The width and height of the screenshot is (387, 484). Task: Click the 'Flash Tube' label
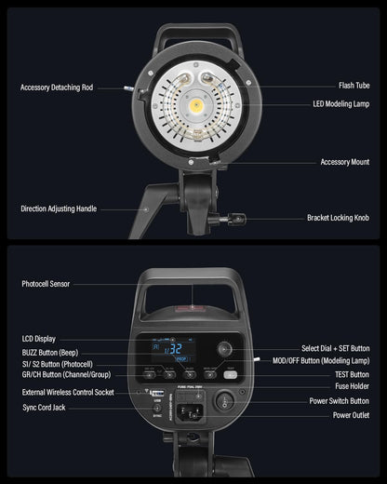pos(354,86)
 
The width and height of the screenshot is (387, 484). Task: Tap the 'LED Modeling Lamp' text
pos(341,104)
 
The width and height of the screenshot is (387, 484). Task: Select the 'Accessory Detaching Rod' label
pos(57,87)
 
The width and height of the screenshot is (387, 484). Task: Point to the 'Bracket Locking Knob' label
pos(338,218)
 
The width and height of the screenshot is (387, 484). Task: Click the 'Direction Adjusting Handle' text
pos(59,208)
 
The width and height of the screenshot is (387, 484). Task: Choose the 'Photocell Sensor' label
pos(46,284)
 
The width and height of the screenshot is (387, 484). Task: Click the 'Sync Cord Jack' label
pos(44,408)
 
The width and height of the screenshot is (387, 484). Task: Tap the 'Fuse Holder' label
pos(352,386)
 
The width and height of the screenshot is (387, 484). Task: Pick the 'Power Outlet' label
pos(351,415)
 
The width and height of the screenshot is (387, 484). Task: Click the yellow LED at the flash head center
pos(196,106)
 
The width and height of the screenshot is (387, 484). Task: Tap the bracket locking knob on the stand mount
pos(237,219)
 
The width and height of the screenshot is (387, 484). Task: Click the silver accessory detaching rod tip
pos(128,88)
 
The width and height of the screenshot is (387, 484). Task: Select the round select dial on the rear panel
pos(224,349)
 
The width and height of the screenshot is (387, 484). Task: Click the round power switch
pos(224,400)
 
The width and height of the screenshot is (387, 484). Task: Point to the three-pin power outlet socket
pos(190,413)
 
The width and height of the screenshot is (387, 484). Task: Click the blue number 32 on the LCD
pos(176,349)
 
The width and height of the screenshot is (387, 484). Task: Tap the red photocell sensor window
pos(190,308)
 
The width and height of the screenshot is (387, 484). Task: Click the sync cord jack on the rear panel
pos(157,409)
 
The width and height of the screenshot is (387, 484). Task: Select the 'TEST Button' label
pos(352,375)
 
